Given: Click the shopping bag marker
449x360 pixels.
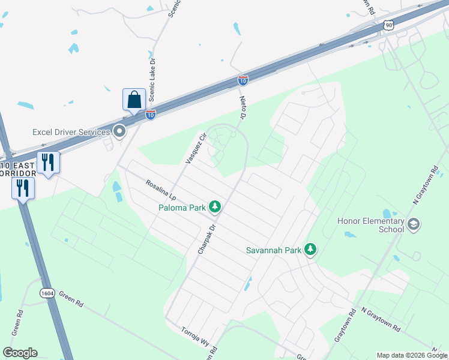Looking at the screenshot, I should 134,100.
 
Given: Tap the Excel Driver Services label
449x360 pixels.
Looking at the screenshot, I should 71,132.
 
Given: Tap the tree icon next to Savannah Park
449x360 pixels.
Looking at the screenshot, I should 310,248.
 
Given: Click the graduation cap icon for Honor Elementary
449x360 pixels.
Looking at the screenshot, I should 413,225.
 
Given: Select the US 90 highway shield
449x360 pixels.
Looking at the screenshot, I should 389,25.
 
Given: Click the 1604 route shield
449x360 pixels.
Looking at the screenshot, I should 47,293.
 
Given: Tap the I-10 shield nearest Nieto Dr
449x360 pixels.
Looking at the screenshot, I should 243,80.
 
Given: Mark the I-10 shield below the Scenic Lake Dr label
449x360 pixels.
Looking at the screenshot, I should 151,114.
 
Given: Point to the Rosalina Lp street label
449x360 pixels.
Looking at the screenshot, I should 158,188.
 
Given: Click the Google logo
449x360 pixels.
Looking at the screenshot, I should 20,353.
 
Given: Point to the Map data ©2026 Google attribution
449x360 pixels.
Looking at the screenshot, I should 412,355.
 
